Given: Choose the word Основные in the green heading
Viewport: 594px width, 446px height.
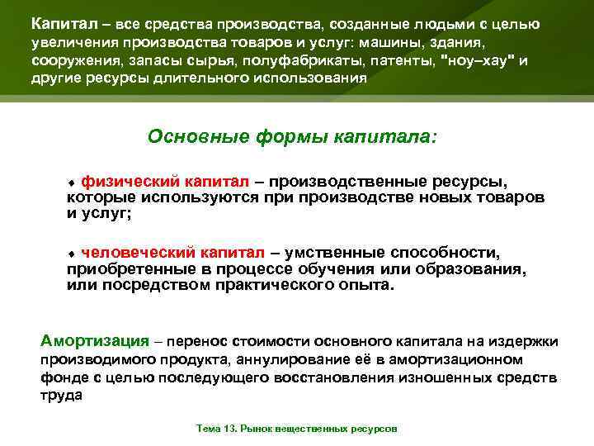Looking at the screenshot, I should pos(191,135).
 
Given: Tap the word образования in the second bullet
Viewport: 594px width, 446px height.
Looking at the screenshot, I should pos(477,269).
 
